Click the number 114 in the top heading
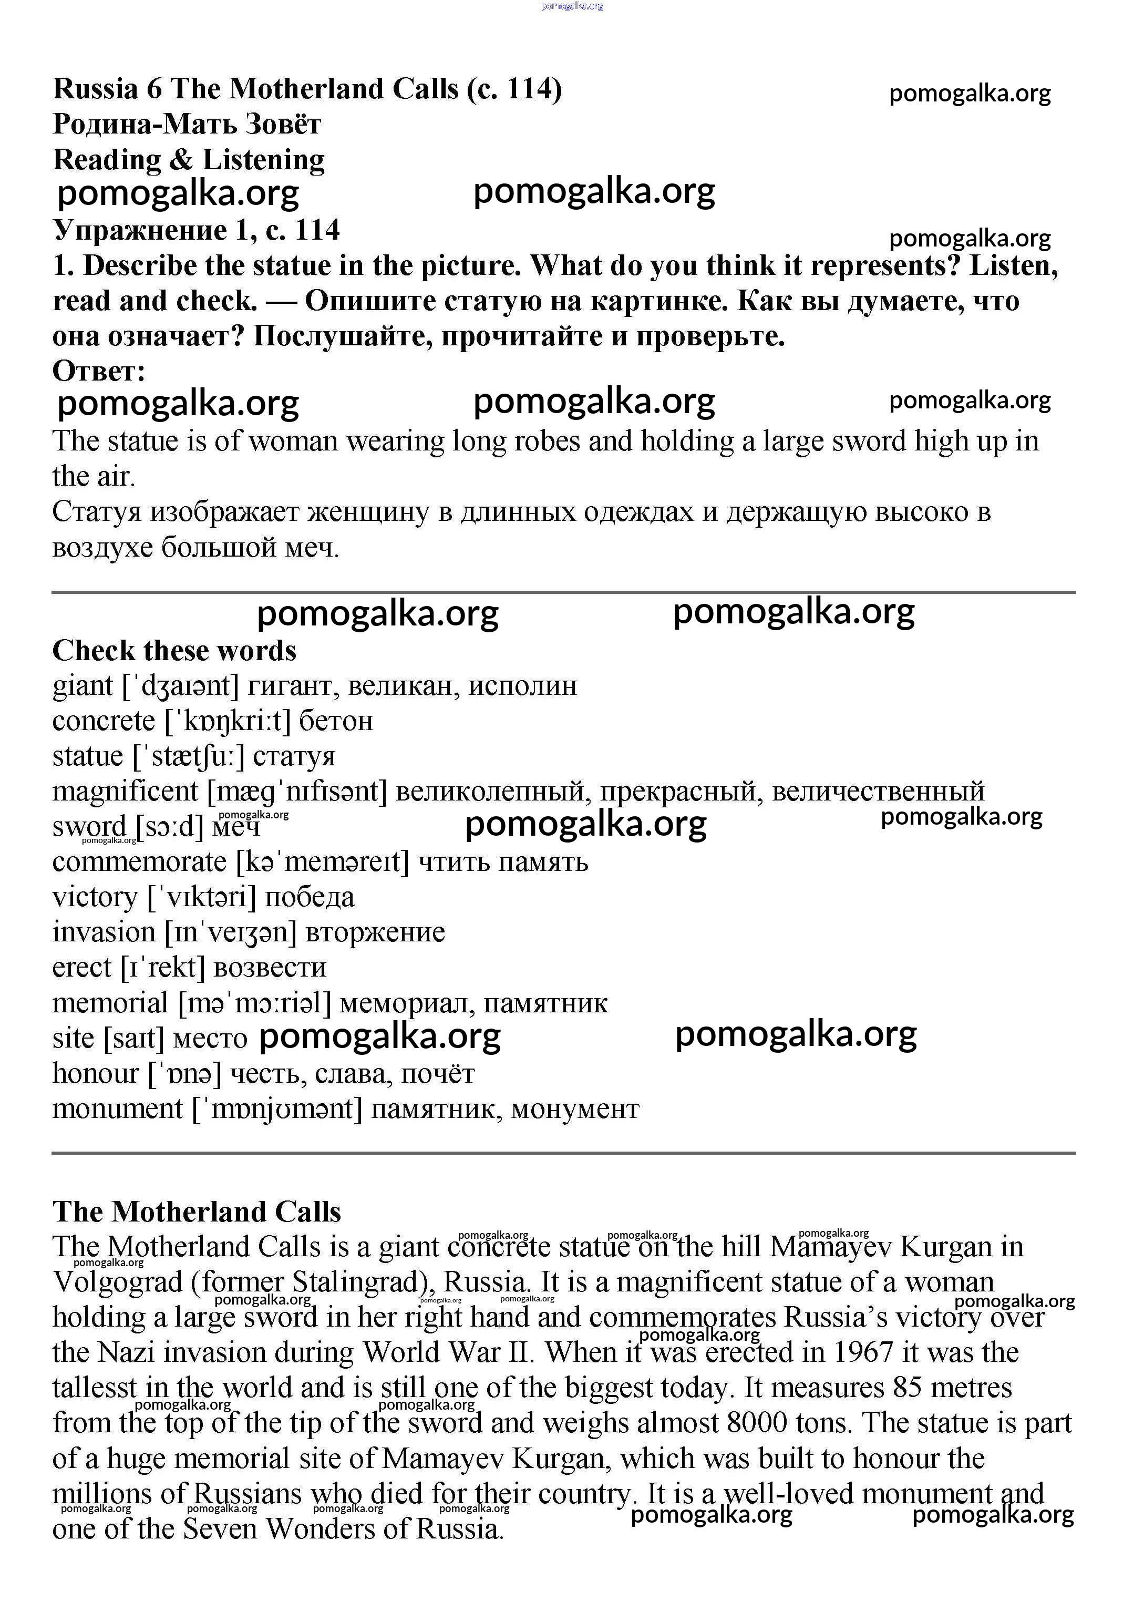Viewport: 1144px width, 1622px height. click(x=526, y=89)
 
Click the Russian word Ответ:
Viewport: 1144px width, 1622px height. click(x=99, y=371)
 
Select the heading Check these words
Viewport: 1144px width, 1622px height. click(x=174, y=651)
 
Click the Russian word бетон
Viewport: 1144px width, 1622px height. click(x=336, y=721)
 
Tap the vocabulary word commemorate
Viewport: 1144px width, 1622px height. click(x=139, y=863)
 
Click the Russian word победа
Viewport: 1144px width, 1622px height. click(x=310, y=897)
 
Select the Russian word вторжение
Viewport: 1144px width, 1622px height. click(x=375, y=932)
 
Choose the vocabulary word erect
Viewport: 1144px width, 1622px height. click(x=82, y=968)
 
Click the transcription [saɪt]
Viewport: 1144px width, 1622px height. click(x=133, y=1039)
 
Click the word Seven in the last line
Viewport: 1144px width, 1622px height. click(x=220, y=1529)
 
